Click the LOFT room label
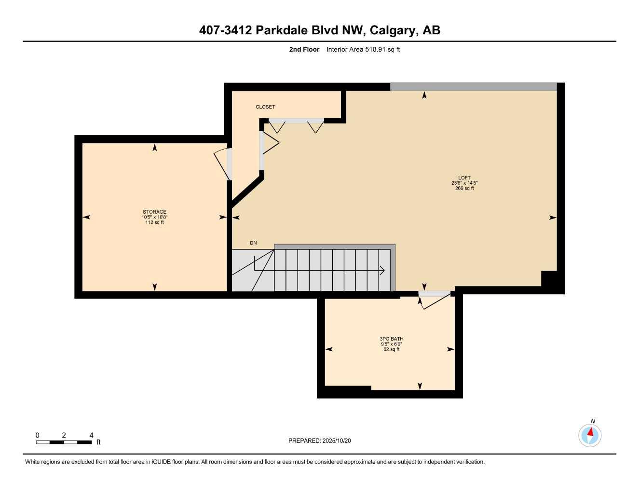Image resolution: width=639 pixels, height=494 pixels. pos(464,178)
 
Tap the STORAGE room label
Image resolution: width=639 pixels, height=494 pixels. pos(154,212)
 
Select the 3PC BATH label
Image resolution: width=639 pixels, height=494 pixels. pos(391,339)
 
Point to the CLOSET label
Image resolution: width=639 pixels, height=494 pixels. pos(265,107)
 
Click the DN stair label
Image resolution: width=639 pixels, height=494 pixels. pos(253,243)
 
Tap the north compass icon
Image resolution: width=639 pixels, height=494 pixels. pos(590,435)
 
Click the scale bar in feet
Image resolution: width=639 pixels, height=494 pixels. pos(64,442)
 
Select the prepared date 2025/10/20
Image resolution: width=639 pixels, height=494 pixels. pos(319,440)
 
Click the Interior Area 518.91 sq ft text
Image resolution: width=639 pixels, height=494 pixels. pos(363,49)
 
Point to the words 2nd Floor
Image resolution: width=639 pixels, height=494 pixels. pos(304,49)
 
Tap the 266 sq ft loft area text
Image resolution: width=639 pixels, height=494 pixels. pos(464,188)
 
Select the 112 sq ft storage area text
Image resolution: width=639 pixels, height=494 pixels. pos(154,222)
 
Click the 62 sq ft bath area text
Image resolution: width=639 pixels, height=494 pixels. pos(391,349)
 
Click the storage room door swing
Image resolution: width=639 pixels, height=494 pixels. pos(221,164)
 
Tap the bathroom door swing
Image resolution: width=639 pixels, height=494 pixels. pos(435,300)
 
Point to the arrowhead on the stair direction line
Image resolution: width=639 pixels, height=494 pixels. pos(382,270)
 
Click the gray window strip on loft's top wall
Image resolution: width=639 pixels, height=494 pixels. pos(473,87)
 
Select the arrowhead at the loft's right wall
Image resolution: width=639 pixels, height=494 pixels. pos(553,218)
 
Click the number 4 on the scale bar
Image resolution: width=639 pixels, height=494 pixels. pos(91,435)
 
